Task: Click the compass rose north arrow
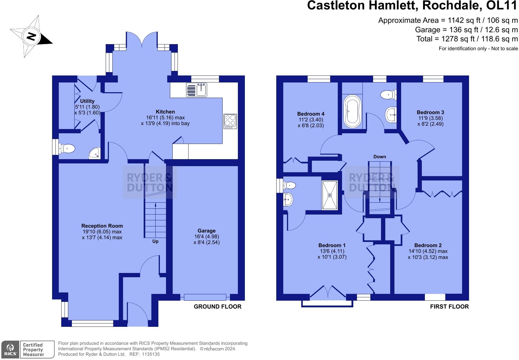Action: click(31, 37)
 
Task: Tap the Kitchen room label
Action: click(165, 112)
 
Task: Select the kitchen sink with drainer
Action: click(196, 89)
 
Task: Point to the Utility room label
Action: click(87, 101)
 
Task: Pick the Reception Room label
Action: click(102, 226)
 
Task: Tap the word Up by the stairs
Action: click(155, 241)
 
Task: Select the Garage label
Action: click(207, 231)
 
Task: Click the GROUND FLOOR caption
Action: click(217, 307)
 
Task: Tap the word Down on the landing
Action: click(380, 157)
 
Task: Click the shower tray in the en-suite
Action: click(330, 195)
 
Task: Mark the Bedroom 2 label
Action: click(428, 245)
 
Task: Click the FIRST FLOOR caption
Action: click(449, 307)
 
